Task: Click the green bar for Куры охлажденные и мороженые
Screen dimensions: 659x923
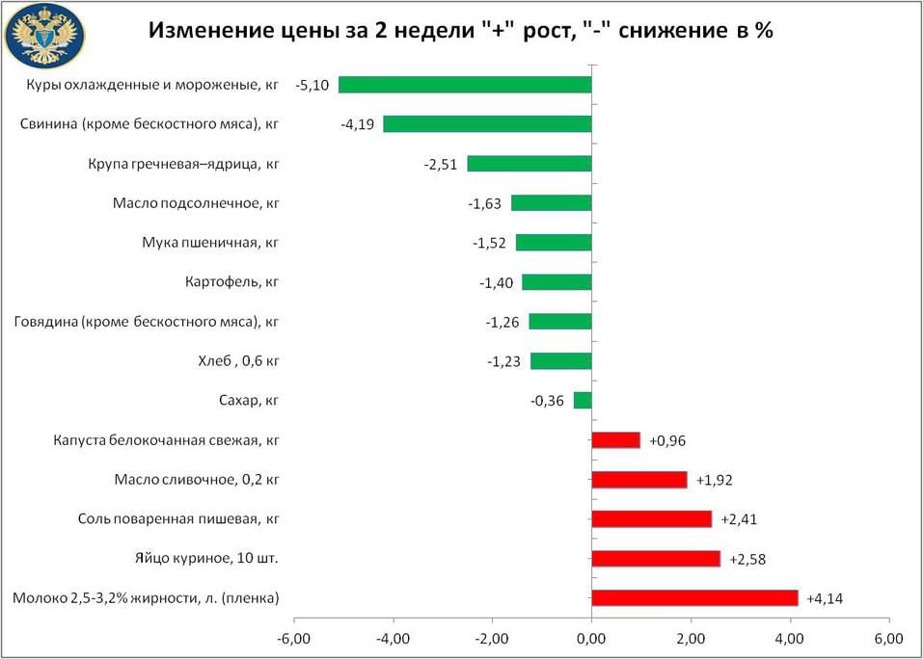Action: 464,85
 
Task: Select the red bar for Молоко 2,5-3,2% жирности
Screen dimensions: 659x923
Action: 694,598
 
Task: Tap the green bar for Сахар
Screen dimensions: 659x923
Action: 582,400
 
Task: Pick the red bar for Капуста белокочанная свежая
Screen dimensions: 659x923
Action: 615,440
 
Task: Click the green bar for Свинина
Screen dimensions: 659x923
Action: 487,124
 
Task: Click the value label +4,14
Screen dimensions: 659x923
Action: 825,598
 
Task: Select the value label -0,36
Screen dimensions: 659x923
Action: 548,401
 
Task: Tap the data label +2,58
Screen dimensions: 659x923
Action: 747,559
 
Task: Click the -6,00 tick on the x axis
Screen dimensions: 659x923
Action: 292,638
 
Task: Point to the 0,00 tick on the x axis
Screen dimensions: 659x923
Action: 591,638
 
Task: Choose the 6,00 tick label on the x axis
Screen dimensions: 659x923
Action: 888,638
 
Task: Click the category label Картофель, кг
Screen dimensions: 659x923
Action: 231,282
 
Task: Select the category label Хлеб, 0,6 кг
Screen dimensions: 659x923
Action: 237,361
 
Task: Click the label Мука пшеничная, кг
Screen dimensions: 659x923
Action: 210,243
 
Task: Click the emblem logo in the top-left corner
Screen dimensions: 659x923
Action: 45,36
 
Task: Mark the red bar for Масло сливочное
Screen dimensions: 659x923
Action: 638,480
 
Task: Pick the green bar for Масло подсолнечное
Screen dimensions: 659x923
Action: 551,203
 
